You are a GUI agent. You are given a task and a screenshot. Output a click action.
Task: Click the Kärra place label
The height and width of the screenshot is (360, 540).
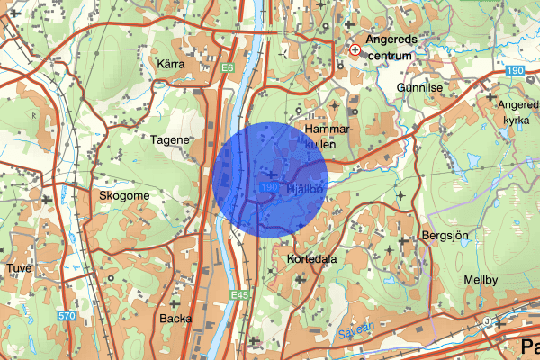[x=170, y=65]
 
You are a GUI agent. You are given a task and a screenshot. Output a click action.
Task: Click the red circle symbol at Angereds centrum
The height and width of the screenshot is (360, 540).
[x=356, y=50]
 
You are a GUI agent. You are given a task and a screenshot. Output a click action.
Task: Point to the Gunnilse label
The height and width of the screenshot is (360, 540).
[x=420, y=87]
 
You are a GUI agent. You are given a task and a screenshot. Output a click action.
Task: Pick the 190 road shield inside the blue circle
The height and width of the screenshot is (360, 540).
[x=267, y=186]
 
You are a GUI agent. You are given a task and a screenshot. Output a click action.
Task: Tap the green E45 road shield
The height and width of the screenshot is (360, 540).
[x=238, y=294]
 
